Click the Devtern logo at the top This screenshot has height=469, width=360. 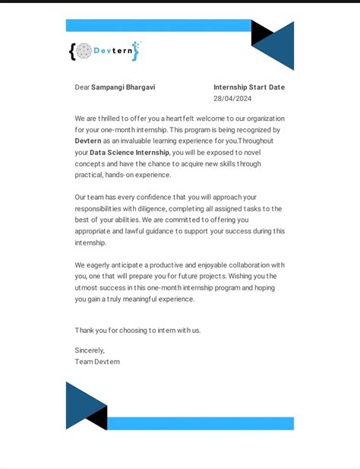tap(105, 51)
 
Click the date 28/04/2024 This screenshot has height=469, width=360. tap(232, 99)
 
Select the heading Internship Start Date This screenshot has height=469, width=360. tap(249, 87)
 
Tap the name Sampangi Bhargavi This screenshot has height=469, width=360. tap(123, 87)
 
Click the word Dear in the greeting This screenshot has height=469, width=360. tap(82, 87)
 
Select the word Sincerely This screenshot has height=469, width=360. tap(90, 350)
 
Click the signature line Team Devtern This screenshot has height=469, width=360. tap(97, 362)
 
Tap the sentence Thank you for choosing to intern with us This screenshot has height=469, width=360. tap(137, 331)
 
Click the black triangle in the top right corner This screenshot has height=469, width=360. tap(260, 32)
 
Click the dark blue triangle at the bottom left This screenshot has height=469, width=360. tap(81, 403)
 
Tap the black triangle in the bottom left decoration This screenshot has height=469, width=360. tap(99, 417)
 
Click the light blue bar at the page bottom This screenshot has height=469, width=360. tap(201, 423)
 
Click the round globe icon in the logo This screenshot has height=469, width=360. tap(84, 51)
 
